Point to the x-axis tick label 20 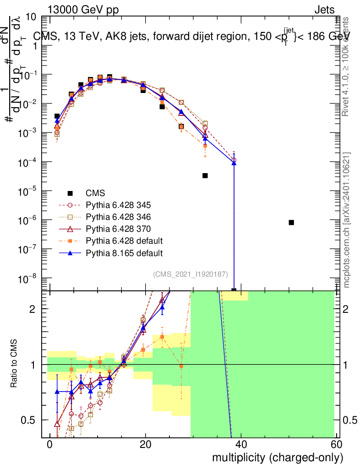coord(145,445)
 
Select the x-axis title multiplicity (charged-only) coord(277,458)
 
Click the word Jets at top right coord(324,11)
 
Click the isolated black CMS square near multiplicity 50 coord(291,223)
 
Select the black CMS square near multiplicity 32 coord(205,175)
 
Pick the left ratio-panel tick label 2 coord(38,309)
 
